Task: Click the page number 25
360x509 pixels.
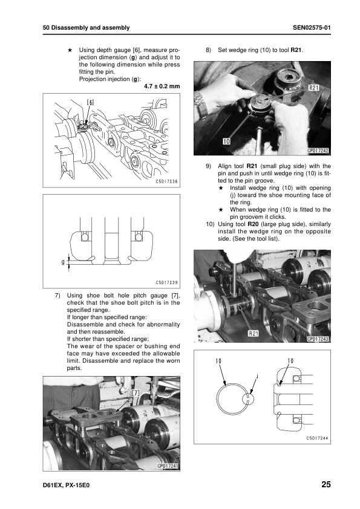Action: (x=326, y=484)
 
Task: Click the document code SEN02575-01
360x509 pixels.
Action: (x=312, y=28)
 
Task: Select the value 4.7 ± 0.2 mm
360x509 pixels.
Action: (x=162, y=86)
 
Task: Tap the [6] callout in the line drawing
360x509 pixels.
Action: (x=90, y=102)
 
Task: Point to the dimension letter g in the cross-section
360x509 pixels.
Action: (x=63, y=262)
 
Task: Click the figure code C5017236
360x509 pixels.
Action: (x=166, y=182)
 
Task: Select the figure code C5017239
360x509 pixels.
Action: (x=166, y=283)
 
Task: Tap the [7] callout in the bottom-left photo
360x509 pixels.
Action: (x=135, y=393)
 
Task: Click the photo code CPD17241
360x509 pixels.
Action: (x=168, y=466)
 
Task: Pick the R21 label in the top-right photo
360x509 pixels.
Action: (x=313, y=88)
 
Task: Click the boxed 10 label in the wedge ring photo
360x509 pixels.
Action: (x=226, y=141)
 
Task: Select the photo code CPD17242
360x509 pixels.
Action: (x=318, y=151)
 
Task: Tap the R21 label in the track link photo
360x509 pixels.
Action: (x=253, y=333)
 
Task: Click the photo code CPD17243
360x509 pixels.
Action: (x=318, y=339)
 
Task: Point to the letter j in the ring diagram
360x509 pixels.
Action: (x=257, y=376)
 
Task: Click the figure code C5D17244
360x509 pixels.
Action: (x=317, y=438)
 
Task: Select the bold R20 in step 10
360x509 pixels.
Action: (x=253, y=224)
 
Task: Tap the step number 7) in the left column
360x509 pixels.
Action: (x=57, y=296)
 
